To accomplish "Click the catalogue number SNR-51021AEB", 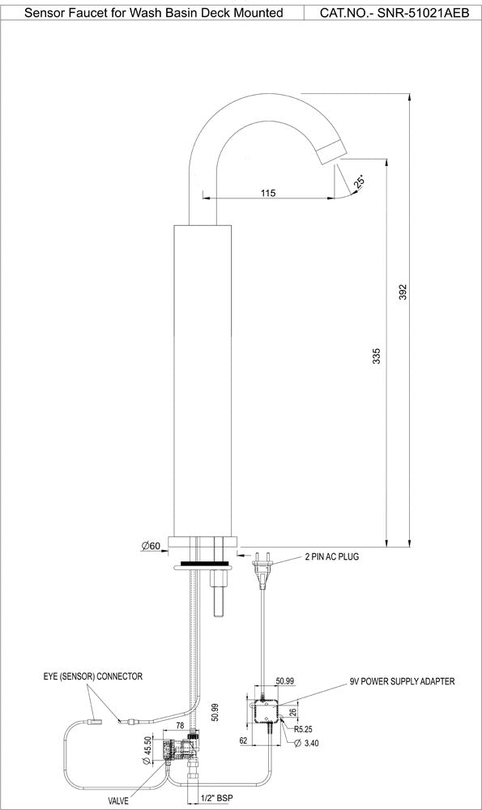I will [x=395, y=13].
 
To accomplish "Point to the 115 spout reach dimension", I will [x=269, y=193].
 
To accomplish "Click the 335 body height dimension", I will [x=374, y=356].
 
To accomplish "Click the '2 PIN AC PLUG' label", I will [x=331, y=557].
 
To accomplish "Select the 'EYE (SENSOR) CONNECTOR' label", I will [x=93, y=676].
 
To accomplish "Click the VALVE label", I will [x=119, y=800].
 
